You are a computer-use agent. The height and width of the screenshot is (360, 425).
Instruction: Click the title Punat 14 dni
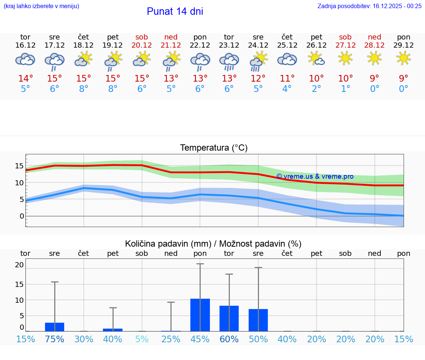tap(175, 11)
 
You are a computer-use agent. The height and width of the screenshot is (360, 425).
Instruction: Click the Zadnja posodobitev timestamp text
tap(369, 6)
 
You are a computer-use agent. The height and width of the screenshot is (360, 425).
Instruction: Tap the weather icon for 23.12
tap(229, 61)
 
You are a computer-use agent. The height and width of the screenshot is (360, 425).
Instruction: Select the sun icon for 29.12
tap(404, 58)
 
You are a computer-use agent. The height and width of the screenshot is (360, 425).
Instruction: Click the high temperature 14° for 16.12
tap(25, 79)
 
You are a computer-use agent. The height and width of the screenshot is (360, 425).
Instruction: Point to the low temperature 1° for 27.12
tap(345, 89)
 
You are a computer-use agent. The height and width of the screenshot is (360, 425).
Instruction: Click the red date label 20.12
tap(142, 45)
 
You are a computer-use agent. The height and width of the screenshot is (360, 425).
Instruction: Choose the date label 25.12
tap(287, 45)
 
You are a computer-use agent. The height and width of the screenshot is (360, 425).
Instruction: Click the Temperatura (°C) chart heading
tap(214, 148)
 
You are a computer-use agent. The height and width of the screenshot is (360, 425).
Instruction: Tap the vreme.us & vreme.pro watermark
tap(315, 176)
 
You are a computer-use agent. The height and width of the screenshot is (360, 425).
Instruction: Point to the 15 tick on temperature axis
tap(19, 166)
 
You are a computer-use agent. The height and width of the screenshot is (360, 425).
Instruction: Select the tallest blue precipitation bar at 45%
tap(200, 315)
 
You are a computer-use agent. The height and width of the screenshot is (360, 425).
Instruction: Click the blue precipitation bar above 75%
tap(55, 327)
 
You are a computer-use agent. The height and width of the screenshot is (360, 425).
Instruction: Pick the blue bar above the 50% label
tap(258, 320)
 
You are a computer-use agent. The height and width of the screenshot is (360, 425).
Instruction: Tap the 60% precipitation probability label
tap(229, 339)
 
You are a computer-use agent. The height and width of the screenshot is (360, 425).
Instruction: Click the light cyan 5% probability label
tap(142, 339)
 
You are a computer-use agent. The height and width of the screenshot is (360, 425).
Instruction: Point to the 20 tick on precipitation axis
tap(19, 265)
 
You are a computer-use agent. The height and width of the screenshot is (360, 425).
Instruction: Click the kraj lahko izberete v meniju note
tap(41, 6)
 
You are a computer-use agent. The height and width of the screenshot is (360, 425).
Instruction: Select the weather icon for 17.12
tap(55, 61)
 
